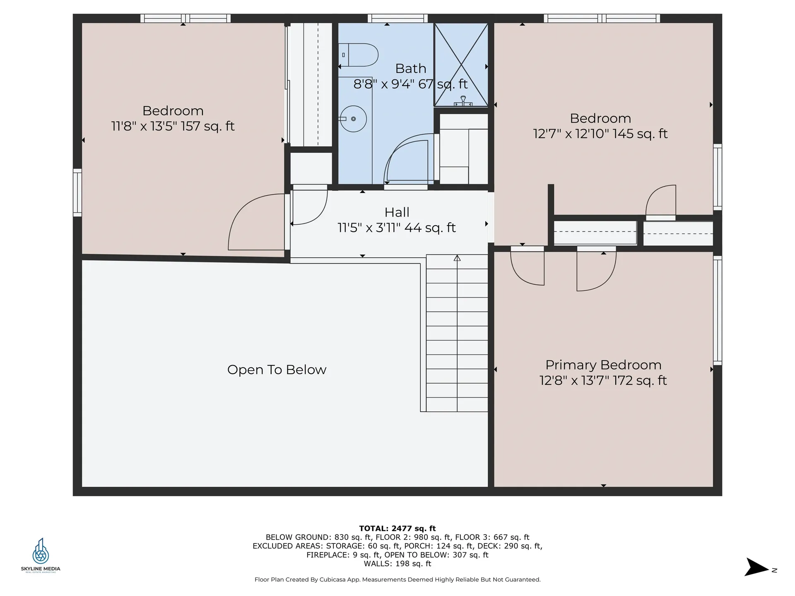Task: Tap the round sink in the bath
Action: coord(353,119)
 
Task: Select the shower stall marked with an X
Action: coord(461,65)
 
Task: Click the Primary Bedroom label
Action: coord(603,365)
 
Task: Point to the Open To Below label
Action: coord(277,370)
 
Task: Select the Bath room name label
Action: coord(410,68)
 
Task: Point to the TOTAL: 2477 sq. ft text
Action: coord(397,528)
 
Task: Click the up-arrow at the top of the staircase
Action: coord(457,258)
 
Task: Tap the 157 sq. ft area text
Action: coord(207,126)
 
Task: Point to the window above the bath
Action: coord(397,18)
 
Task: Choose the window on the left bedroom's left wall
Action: coord(77,192)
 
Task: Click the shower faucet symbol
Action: coord(463,101)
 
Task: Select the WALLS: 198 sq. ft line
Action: coord(397,564)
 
